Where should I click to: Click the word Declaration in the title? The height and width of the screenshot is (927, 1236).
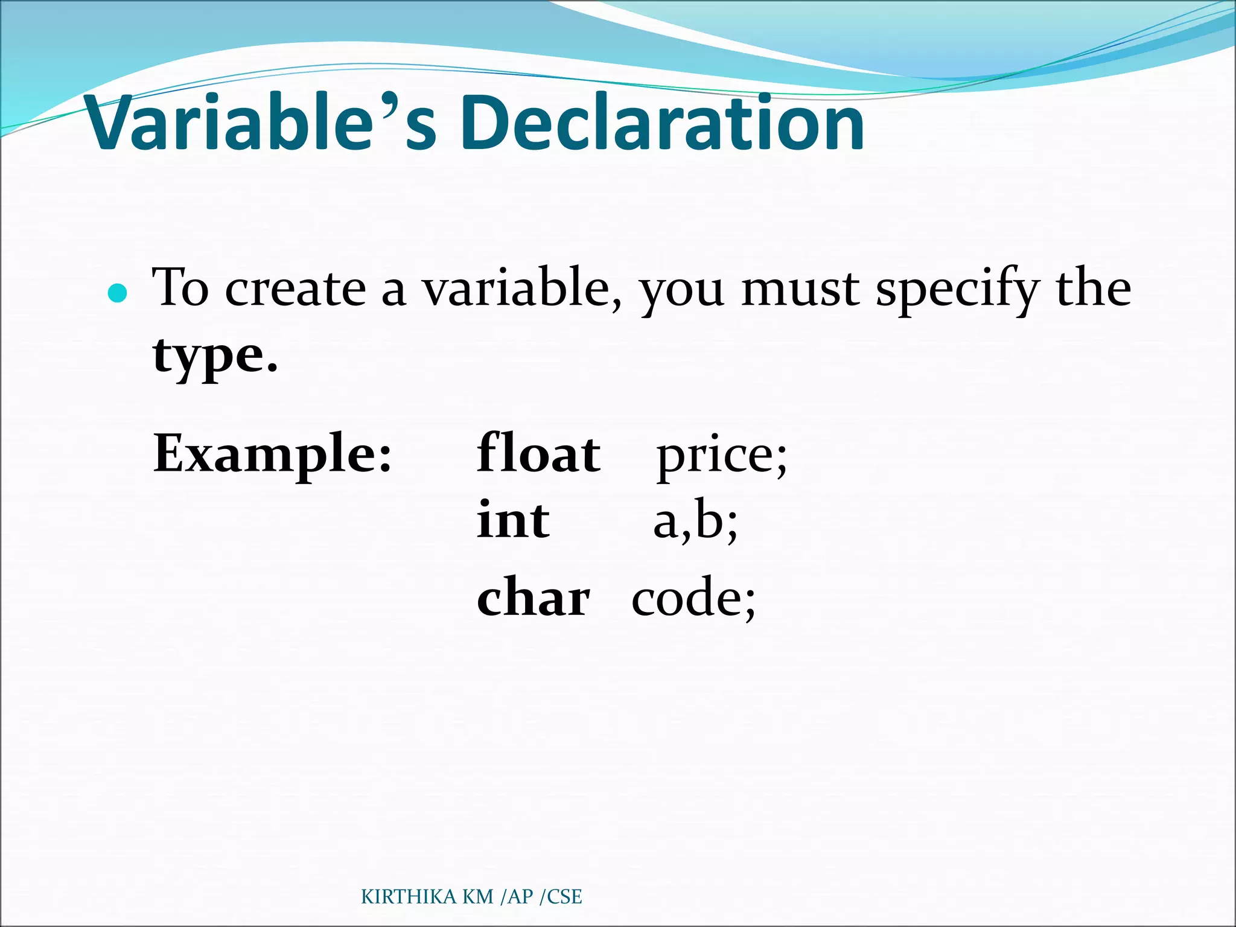click(x=665, y=124)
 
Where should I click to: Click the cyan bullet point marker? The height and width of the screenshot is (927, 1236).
click(x=117, y=293)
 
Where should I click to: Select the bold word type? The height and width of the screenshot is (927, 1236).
click(x=215, y=356)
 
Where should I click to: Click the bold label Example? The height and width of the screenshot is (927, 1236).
click(x=273, y=454)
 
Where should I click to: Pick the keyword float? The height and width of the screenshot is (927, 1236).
click(x=538, y=454)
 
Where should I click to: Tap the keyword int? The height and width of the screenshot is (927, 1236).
click(x=513, y=520)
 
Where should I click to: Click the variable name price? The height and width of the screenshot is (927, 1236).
click(x=722, y=457)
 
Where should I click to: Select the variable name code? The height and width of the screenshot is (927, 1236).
click(x=693, y=599)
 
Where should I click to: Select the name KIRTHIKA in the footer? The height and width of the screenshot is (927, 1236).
click(x=409, y=897)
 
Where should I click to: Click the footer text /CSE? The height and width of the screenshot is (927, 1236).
click(x=561, y=897)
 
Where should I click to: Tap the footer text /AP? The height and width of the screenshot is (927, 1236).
click(x=517, y=897)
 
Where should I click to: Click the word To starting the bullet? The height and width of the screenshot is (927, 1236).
click(x=180, y=288)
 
